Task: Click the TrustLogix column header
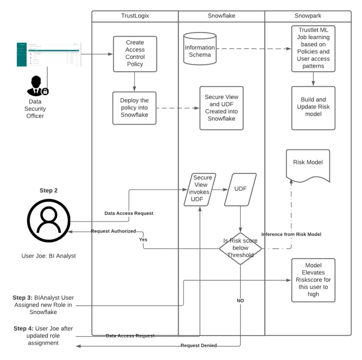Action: point(135,16)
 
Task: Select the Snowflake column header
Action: point(221,16)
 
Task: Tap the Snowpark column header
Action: point(308,16)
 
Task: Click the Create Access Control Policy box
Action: point(135,54)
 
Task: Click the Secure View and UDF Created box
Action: point(221,108)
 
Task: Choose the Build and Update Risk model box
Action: point(313,108)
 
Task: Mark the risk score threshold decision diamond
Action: point(240,248)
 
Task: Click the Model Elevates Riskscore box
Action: point(313,280)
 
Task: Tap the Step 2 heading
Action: point(48,191)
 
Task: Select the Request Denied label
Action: point(199,346)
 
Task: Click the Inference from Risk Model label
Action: point(291,234)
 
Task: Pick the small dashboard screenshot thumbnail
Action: point(49,54)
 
